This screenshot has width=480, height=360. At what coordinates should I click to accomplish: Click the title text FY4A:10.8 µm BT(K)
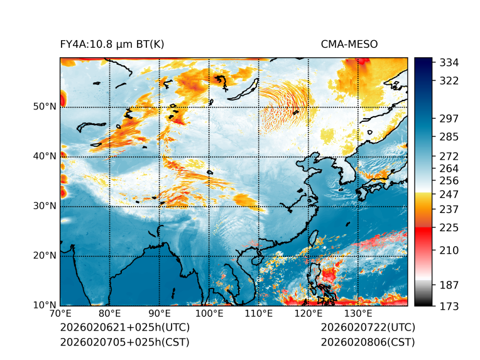click(x=112, y=45)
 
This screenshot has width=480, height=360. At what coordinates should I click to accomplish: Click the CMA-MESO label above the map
click(x=349, y=45)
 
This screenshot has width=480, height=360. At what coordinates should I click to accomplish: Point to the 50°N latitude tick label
click(x=45, y=107)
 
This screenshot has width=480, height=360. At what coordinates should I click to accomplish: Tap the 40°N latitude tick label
click(x=45, y=156)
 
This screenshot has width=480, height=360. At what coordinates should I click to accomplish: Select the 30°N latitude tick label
click(x=45, y=206)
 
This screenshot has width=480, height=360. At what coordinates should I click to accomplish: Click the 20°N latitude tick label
click(x=45, y=256)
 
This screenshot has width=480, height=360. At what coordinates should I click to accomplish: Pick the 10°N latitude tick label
click(x=45, y=305)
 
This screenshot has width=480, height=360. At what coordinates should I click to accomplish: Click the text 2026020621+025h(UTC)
click(x=124, y=328)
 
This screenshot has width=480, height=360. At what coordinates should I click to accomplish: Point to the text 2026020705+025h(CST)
click(x=124, y=342)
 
